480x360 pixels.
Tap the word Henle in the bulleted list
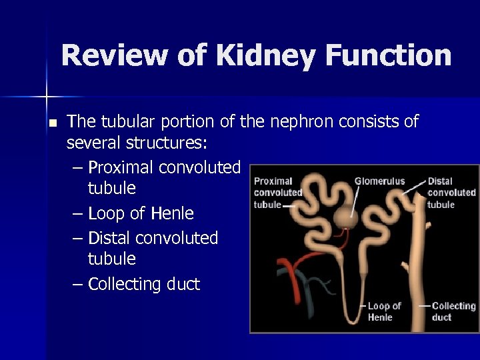[x=172, y=213]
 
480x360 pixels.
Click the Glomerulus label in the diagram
[x=379, y=181]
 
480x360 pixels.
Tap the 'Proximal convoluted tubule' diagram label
[x=277, y=193]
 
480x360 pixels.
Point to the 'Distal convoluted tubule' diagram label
[x=451, y=193]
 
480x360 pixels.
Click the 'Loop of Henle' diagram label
[x=384, y=311]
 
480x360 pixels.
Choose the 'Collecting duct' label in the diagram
[x=453, y=311]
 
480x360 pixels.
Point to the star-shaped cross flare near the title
[x=47, y=97]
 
